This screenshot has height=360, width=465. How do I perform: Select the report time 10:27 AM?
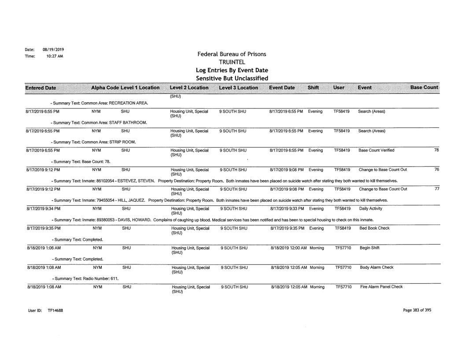pos(37,56)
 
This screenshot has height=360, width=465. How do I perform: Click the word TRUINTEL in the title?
pos(232,63)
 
